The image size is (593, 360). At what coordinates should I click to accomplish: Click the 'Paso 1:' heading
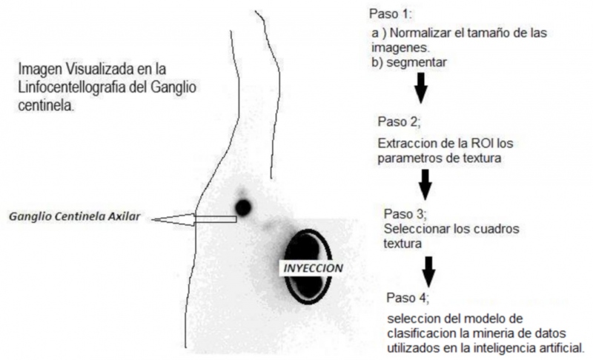pyautogui.click(x=391, y=14)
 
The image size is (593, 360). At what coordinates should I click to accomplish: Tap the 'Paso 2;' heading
pyautogui.click(x=399, y=121)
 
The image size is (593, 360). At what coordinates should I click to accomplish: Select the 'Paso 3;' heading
pyautogui.click(x=405, y=214)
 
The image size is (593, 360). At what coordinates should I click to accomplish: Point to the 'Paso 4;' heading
pyautogui.click(x=408, y=298)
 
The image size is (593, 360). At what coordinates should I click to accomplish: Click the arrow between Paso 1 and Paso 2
pyautogui.click(x=420, y=88)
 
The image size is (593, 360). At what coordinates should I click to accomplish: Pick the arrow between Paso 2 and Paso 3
pyautogui.click(x=425, y=184)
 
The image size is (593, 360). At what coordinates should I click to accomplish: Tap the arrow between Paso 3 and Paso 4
pyautogui.click(x=428, y=272)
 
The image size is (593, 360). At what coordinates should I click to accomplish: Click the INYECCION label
pyautogui.click(x=313, y=268)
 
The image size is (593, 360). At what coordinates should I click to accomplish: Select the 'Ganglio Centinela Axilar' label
pyautogui.click(x=75, y=217)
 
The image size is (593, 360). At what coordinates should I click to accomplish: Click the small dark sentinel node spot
pyautogui.click(x=243, y=207)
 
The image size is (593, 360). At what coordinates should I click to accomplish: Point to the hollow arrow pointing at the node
pyautogui.click(x=194, y=219)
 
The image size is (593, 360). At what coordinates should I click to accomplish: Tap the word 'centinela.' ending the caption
pyautogui.click(x=46, y=105)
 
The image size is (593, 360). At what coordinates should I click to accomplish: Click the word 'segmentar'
pyautogui.click(x=417, y=62)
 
